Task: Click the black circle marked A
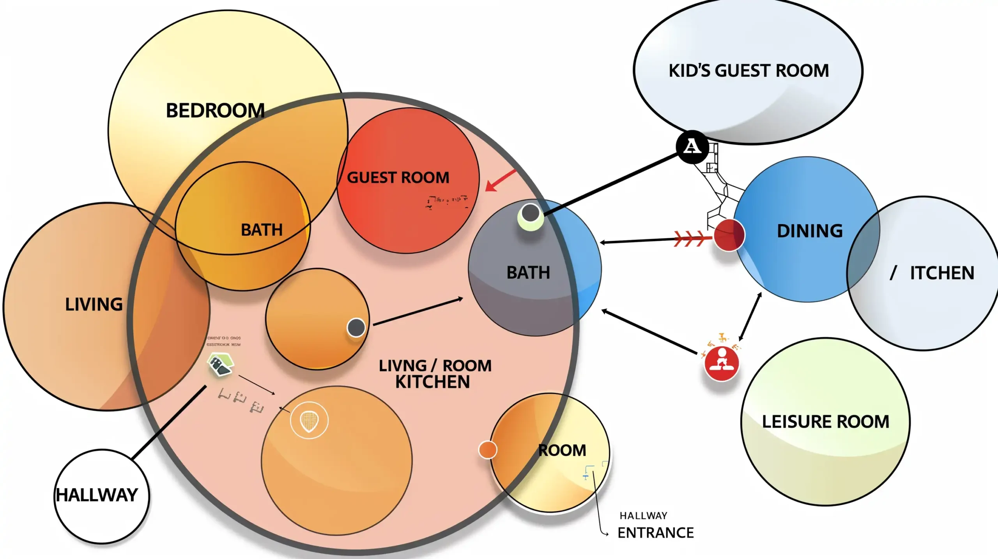(692, 147)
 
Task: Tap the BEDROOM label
(215, 111)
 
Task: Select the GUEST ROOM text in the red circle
(398, 178)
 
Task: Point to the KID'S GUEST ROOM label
(748, 71)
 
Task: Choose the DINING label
(810, 231)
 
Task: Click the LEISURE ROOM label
(825, 422)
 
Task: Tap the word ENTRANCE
(655, 533)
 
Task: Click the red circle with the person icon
(722, 363)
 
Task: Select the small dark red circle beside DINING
(729, 235)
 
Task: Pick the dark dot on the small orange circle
(356, 327)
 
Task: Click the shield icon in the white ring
(309, 420)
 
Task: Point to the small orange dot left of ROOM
(487, 450)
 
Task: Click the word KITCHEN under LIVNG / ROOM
(432, 382)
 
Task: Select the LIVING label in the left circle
(94, 305)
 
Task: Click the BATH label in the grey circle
(528, 273)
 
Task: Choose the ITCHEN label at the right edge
(941, 273)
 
